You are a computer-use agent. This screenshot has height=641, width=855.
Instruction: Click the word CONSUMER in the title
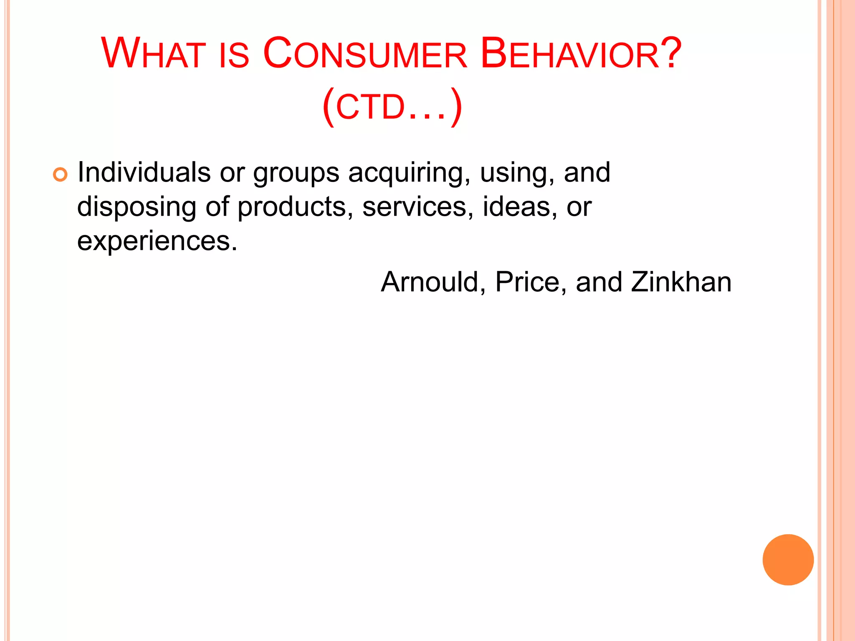pyautogui.click(x=365, y=54)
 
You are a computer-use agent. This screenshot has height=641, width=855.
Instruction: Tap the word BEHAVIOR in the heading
pyautogui.click(x=570, y=54)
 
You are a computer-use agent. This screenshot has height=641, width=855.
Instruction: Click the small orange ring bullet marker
pyautogui.click(x=60, y=174)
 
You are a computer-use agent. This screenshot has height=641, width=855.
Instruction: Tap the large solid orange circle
pyautogui.click(x=788, y=560)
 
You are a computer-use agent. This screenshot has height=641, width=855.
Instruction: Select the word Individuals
pyautogui.click(x=144, y=172)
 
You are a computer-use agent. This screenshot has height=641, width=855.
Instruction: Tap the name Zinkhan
pyautogui.click(x=681, y=282)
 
